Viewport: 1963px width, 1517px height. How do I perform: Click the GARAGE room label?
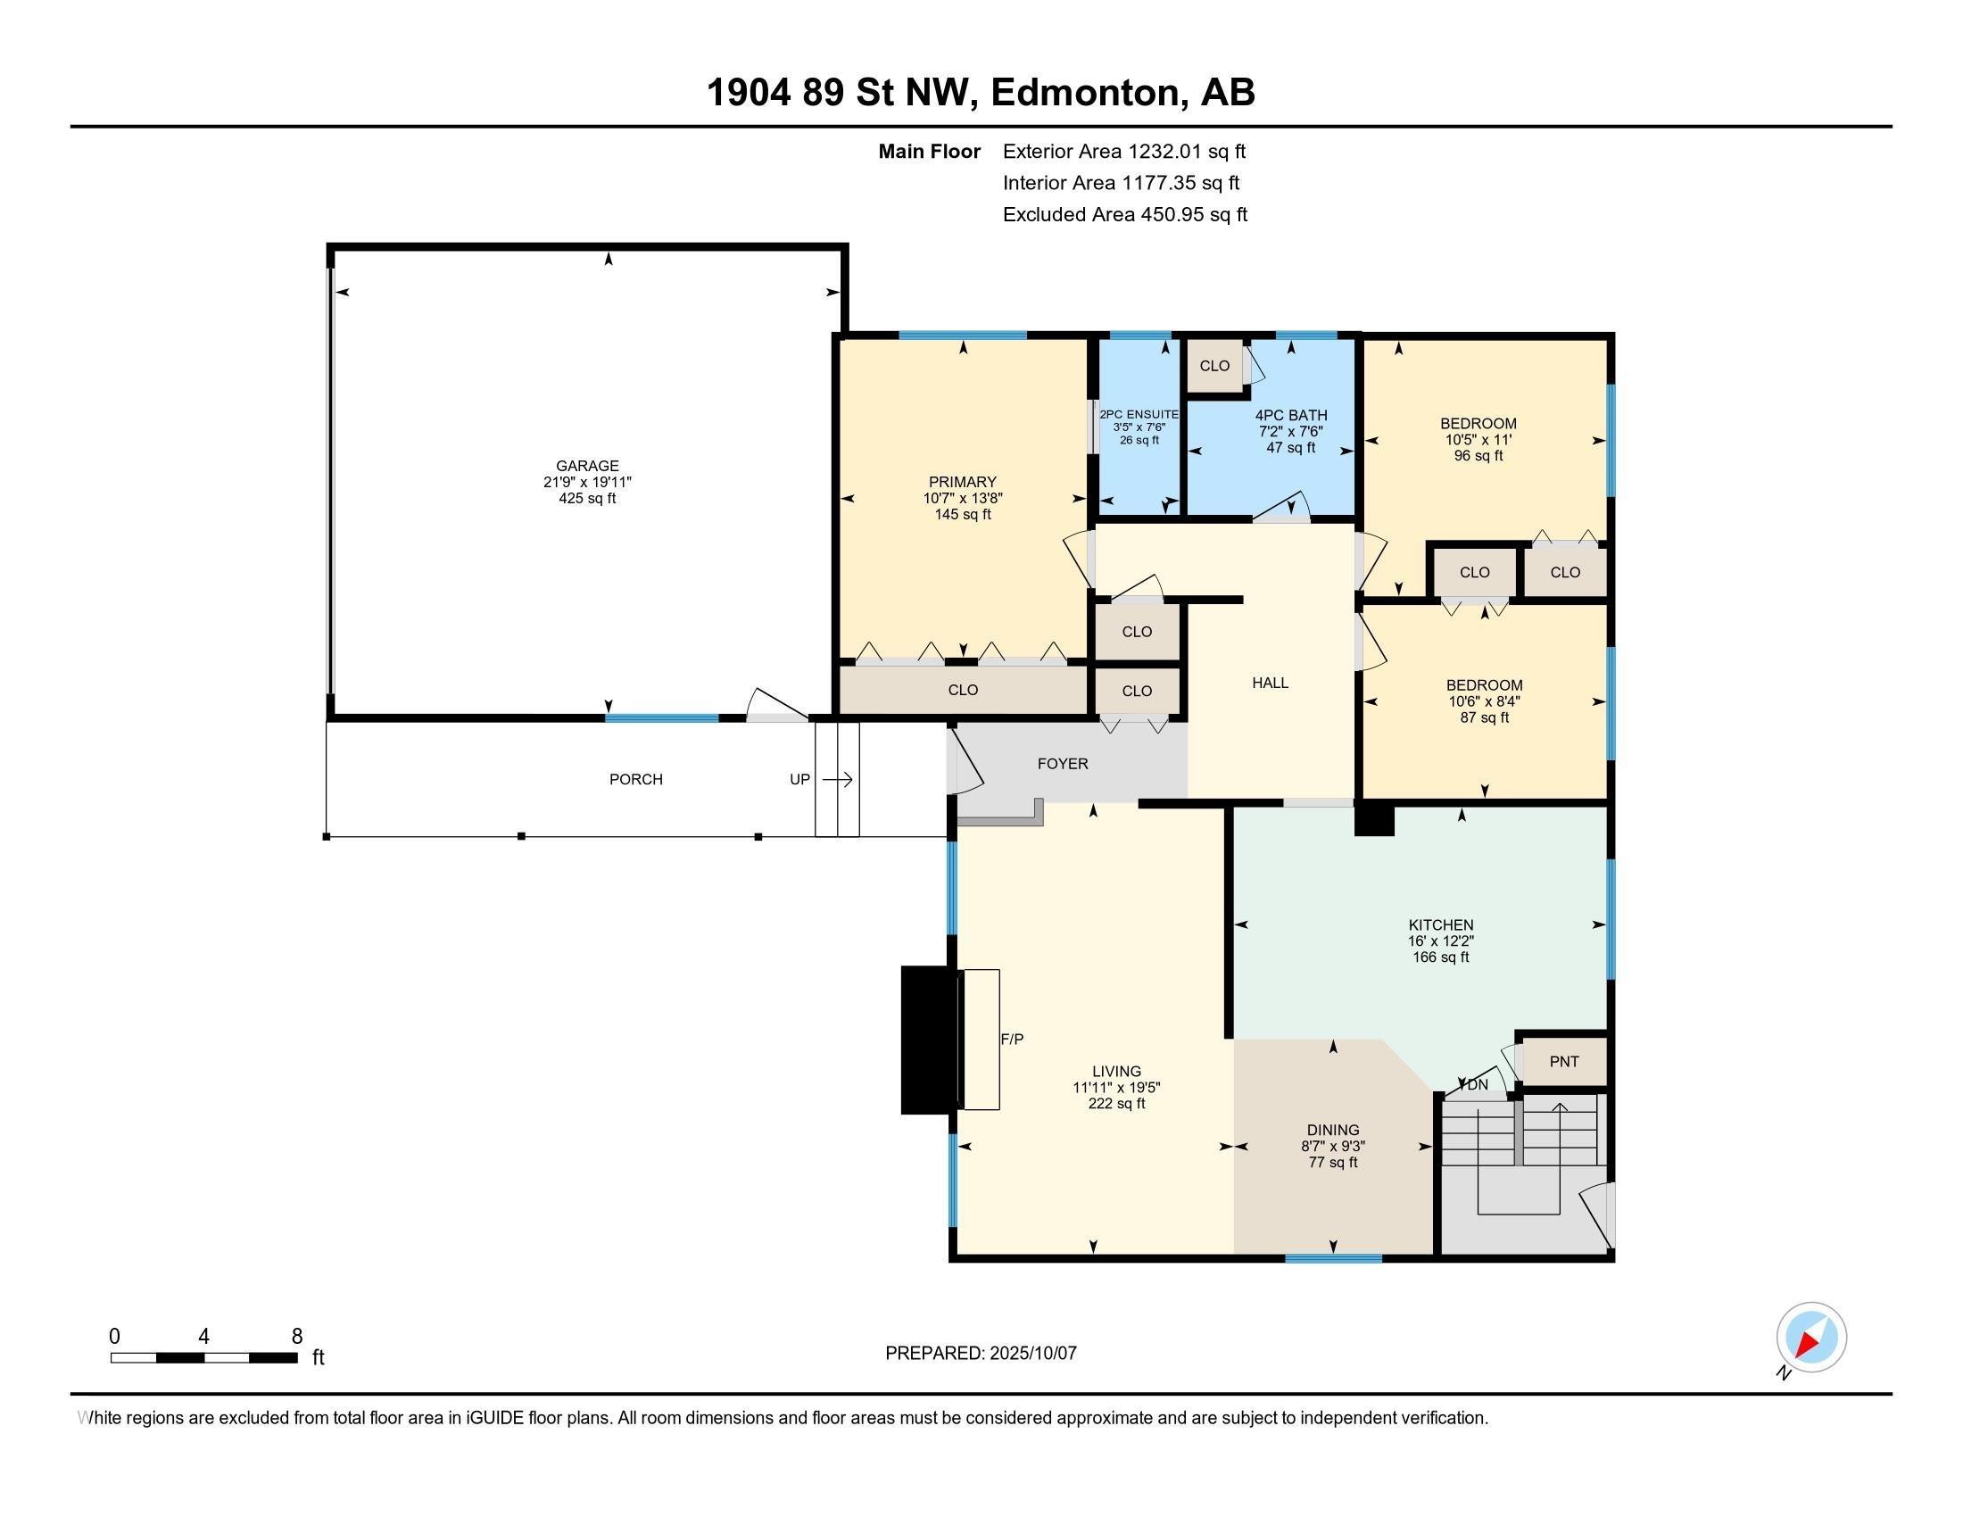pos(587,466)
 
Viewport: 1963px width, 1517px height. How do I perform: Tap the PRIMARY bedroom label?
pos(963,482)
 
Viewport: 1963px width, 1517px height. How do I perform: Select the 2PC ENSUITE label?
pos(1139,414)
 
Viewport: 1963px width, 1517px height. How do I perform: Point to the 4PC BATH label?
pos(1291,415)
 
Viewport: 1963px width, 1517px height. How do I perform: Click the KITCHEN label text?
pos(1441,924)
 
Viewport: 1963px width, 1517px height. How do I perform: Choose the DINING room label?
pos(1333,1130)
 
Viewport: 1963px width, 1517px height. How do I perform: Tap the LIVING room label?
pos(1116,1071)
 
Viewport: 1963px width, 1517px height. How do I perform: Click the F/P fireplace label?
pos(1012,1039)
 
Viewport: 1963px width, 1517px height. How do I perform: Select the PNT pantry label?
pos(1564,1061)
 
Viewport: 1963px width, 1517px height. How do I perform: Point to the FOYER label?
pos(1063,764)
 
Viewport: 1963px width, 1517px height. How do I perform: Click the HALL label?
pos(1270,683)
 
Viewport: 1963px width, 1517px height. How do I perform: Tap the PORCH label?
pos(635,779)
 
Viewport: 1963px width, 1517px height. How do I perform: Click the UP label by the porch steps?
pos(800,779)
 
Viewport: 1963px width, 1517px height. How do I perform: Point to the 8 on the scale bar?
pos(296,1337)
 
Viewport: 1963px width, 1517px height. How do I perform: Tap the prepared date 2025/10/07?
pos(1032,1354)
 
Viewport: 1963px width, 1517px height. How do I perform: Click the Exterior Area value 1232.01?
pos(1164,151)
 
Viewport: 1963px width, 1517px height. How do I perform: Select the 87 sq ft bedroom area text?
pos(1484,718)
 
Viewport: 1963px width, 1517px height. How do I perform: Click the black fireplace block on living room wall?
pos(931,1040)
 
